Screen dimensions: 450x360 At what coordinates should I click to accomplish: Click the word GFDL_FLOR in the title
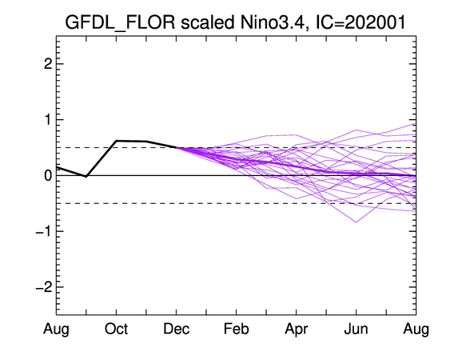[120, 22]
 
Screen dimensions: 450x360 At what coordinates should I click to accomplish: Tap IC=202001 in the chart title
[360, 22]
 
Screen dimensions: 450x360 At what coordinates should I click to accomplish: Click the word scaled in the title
[207, 22]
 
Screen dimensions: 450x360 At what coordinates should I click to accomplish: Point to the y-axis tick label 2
[48, 64]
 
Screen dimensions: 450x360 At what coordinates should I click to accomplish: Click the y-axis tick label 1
[48, 119]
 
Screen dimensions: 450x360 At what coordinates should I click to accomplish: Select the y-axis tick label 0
[48, 175]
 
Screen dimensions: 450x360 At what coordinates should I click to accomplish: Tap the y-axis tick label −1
[44, 231]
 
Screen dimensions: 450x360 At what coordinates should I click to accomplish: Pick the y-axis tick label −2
[44, 286]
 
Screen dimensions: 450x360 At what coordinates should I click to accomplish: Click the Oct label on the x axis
[116, 329]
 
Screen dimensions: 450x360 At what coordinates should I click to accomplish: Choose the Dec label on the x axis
[176, 329]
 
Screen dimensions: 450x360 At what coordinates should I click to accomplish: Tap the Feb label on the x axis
[237, 329]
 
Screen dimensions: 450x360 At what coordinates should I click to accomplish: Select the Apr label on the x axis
[297, 330]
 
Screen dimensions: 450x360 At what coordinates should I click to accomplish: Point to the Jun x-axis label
[356, 329]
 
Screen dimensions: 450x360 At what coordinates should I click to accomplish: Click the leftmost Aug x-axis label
[56, 330]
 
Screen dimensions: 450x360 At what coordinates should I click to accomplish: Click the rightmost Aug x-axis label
[416, 330]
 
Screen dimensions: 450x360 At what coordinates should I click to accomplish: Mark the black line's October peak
[116, 141]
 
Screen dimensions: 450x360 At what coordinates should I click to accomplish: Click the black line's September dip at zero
[86, 176]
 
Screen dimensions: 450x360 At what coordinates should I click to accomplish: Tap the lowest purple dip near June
[356, 222]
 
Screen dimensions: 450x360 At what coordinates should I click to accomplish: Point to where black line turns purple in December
[176, 147]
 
